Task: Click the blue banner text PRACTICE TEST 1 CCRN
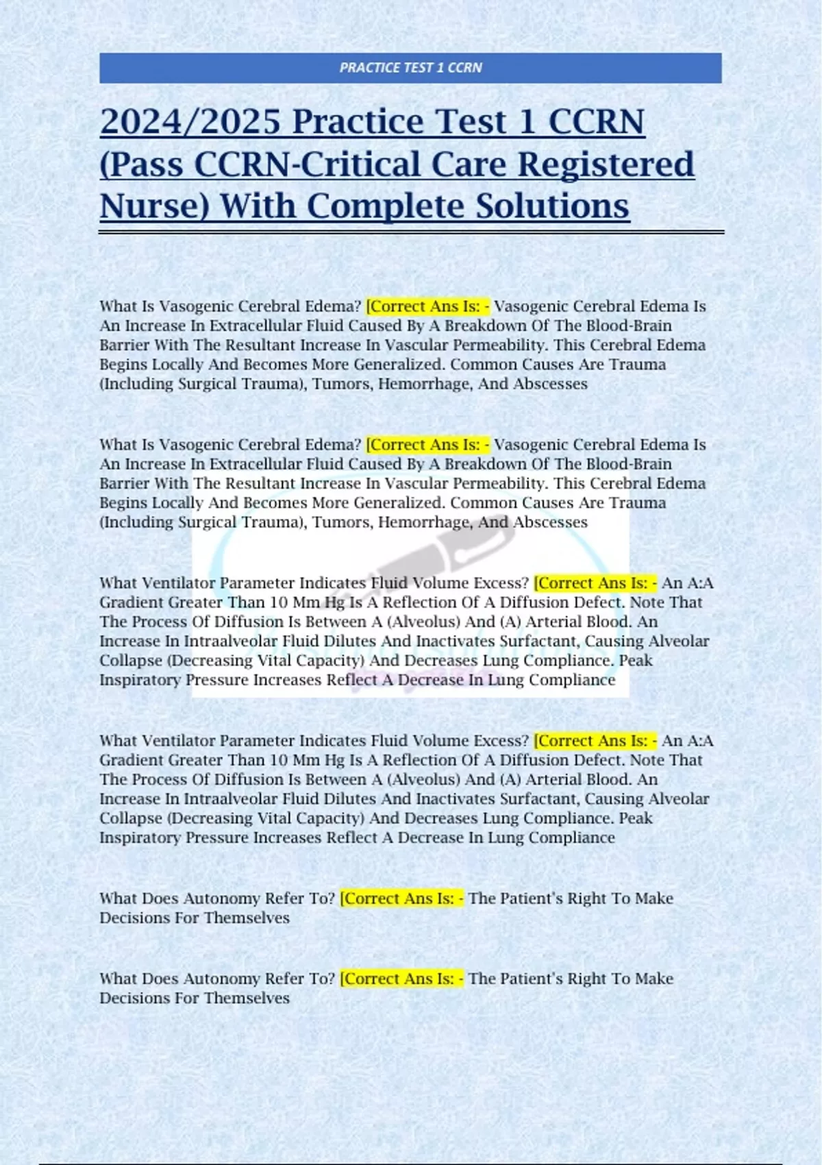pos(410,68)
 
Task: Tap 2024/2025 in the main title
pos(190,122)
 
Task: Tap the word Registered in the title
pos(606,164)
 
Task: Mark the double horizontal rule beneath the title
pos(411,233)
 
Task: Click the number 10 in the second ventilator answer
pos(279,760)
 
